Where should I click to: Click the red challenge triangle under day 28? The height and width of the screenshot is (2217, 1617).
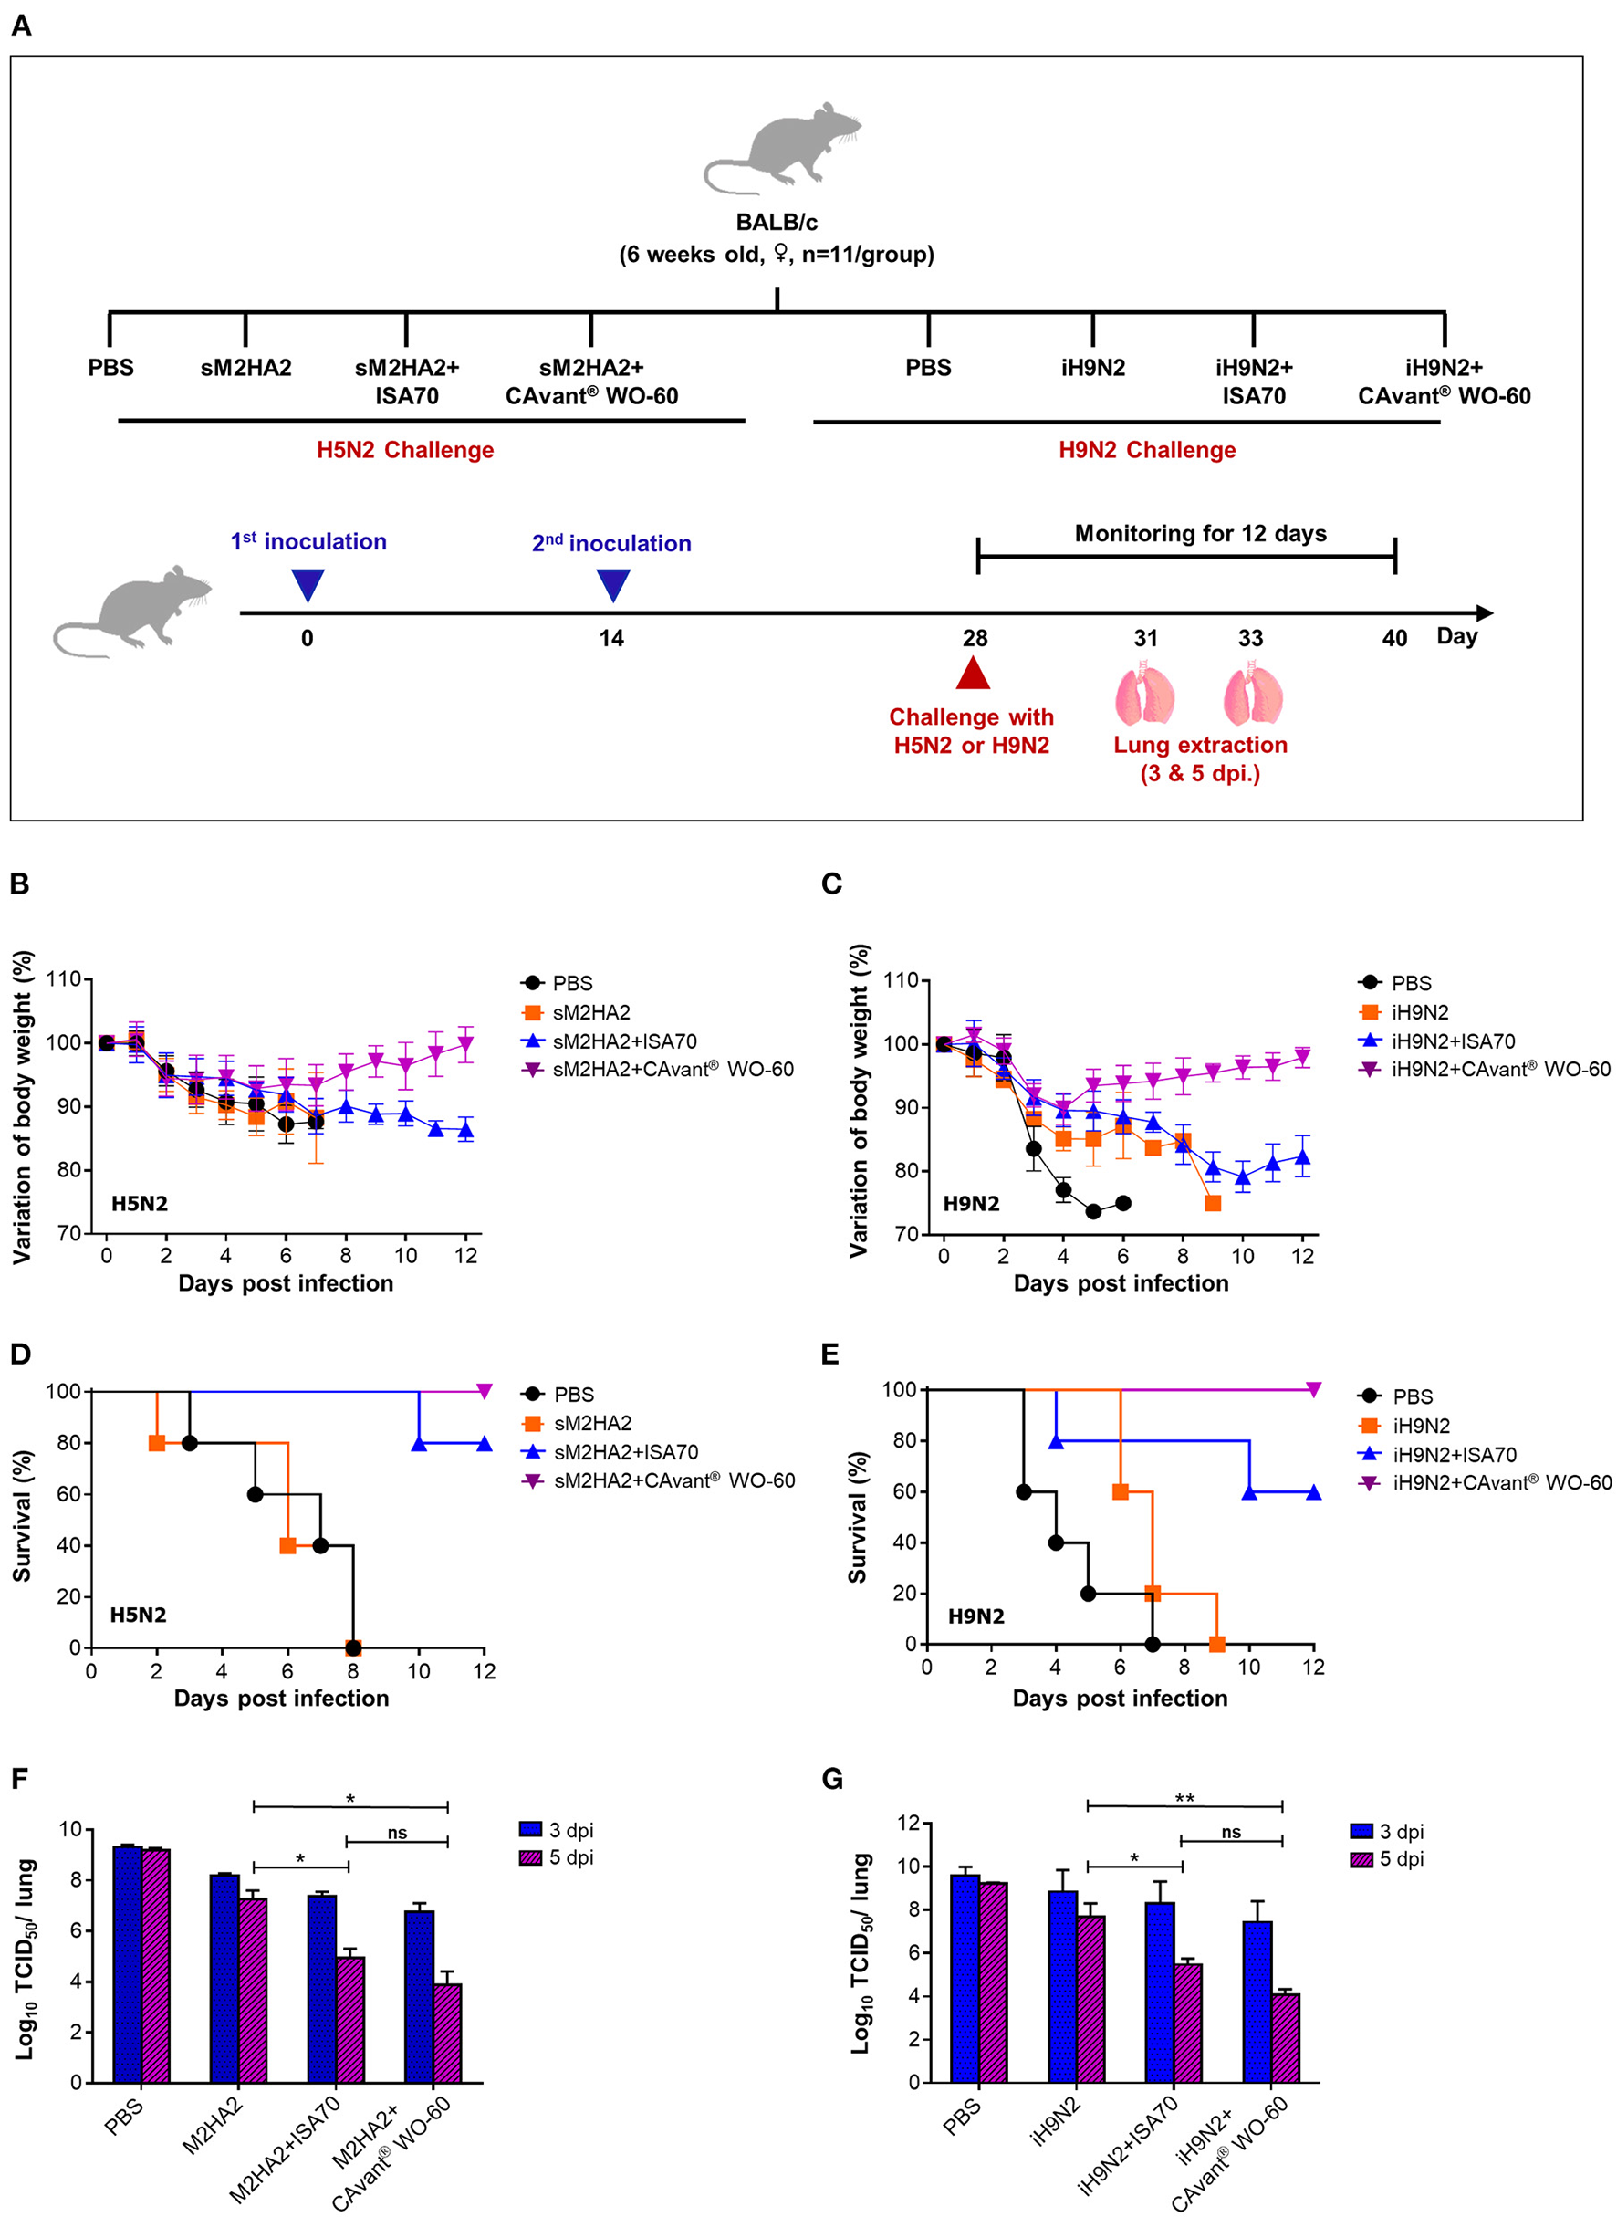point(972,675)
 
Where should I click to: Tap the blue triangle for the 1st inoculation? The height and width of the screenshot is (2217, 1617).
point(308,584)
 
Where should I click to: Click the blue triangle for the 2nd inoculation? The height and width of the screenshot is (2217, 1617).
point(614,584)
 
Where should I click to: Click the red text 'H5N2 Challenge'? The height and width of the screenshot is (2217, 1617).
point(405,450)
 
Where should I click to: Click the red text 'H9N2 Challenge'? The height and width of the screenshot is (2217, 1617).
point(1147,450)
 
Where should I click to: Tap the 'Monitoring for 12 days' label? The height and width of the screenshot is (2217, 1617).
point(1200,533)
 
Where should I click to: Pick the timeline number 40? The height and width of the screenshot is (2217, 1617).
point(1393,639)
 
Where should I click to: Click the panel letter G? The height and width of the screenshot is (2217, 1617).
point(832,1779)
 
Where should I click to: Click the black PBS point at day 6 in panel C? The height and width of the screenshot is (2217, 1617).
point(1122,1203)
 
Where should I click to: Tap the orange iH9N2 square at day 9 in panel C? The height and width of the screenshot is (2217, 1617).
point(1213,1203)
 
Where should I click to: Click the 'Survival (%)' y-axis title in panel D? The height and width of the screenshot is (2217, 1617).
point(22,1516)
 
